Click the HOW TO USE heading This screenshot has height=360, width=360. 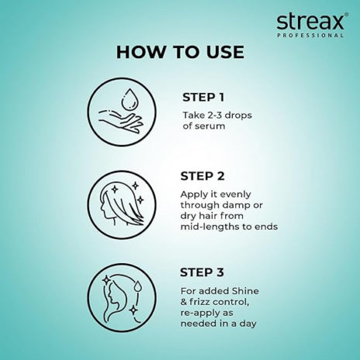coord(180,53)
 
